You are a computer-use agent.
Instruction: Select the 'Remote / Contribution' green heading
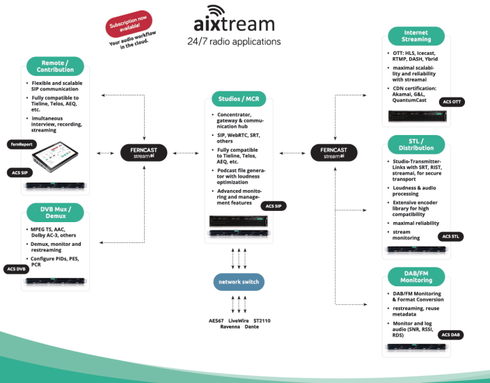pos(56,66)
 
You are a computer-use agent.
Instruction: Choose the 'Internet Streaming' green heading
pos(416,36)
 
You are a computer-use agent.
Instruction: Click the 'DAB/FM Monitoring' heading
pos(416,275)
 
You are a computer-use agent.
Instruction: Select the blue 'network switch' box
pos(239,282)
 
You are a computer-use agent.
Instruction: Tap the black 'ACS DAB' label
pos(452,335)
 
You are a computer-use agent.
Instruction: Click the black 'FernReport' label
pos(22,144)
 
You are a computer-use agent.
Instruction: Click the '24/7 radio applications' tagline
pos(234,42)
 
